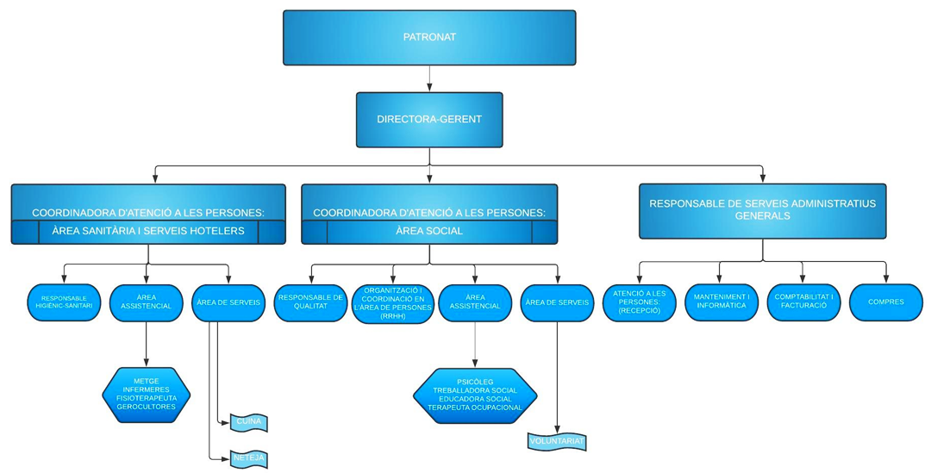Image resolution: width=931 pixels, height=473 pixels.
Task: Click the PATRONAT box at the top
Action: click(429, 38)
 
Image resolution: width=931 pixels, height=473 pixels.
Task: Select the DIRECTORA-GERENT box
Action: click(429, 119)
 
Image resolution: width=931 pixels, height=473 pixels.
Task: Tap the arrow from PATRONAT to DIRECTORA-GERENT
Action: click(429, 78)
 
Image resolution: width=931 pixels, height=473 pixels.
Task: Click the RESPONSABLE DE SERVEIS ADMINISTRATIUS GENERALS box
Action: click(763, 210)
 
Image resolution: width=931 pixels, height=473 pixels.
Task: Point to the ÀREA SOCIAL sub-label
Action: click(429, 232)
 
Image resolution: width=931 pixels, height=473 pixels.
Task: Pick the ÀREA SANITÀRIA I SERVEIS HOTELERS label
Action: click(148, 232)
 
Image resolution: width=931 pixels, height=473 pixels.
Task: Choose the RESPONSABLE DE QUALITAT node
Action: click(309, 302)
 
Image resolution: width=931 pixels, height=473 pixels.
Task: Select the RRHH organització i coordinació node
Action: click(392, 303)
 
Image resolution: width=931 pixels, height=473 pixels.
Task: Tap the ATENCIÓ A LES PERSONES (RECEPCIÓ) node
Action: click(639, 302)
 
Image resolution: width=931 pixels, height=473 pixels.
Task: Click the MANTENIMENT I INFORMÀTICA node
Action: click(721, 302)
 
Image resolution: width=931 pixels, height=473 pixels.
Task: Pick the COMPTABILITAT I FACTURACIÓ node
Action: click(803, 302)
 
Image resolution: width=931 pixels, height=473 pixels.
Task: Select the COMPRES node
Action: click(886, 302)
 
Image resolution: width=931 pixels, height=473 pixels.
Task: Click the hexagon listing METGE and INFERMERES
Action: click(146, 395)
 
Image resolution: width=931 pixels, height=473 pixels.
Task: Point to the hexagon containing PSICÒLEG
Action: click(475, 395)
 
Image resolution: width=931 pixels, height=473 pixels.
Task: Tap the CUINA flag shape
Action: click(248, 422)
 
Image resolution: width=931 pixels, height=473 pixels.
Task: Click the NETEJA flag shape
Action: click(249, 457)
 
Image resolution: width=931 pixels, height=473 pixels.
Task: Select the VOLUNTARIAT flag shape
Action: click(557, 441)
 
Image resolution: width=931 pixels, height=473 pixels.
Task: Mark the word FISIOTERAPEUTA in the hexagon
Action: click(146, 398)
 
